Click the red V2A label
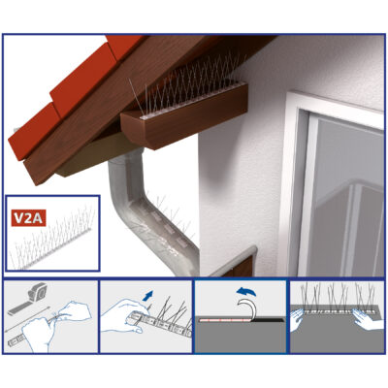[28, 218]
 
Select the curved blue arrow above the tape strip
[246, 292]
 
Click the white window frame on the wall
[333, 184]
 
